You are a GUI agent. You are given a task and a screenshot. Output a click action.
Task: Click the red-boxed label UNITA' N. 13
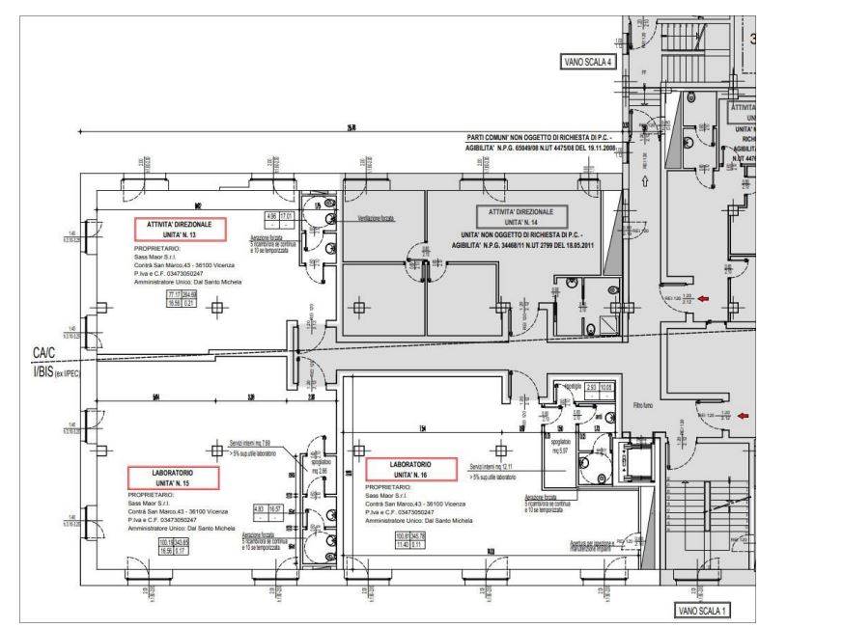[x=180, y=229]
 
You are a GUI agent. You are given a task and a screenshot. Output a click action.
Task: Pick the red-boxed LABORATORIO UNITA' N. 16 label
[x=410, y=470]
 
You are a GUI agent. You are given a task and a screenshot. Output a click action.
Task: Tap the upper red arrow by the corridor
[x=705, y=299]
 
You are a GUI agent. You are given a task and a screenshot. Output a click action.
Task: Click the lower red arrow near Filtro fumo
[x=742, y=416]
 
